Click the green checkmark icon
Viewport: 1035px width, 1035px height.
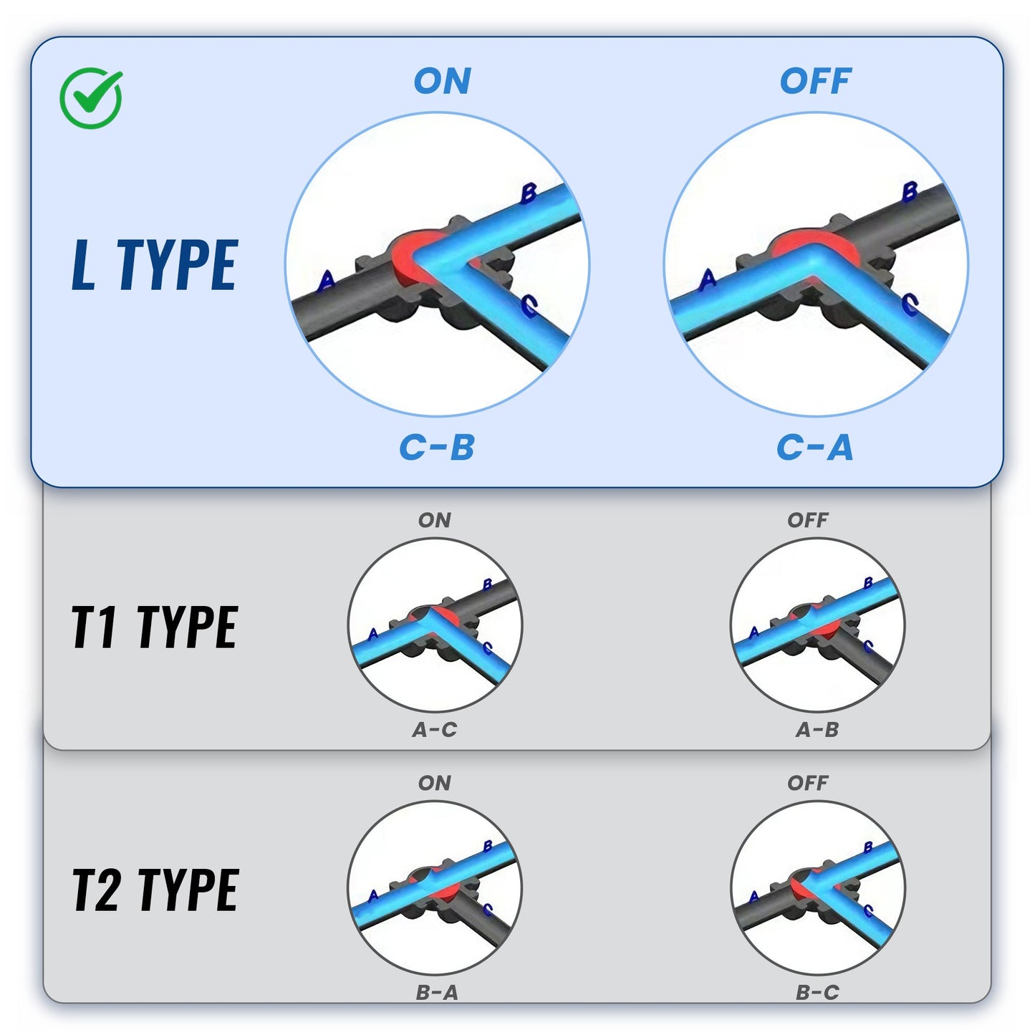91,98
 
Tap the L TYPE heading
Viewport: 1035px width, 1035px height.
155,265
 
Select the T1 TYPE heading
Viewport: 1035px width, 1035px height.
155,627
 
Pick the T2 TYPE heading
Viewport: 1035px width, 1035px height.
155,889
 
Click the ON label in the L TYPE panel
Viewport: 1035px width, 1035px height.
443,81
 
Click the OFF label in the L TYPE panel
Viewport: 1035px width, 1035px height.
815,81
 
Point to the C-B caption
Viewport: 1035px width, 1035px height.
437,448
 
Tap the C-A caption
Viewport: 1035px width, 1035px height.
815,448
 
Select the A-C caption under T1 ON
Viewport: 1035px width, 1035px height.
435,729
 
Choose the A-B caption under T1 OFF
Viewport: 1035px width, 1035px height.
817,729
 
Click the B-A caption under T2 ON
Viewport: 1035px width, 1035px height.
437,993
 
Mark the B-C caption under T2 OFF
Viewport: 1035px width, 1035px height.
817,993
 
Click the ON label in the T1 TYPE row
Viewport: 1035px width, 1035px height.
435,520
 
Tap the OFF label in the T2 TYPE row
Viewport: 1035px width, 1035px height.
808,783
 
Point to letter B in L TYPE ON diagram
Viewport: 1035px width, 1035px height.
529,193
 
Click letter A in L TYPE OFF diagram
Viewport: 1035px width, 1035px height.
708,279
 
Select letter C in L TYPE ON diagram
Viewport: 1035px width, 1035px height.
529,306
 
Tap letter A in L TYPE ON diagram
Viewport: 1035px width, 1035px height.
326,280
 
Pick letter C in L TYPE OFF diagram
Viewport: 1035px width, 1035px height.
910,304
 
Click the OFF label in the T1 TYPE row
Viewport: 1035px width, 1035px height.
808,520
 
